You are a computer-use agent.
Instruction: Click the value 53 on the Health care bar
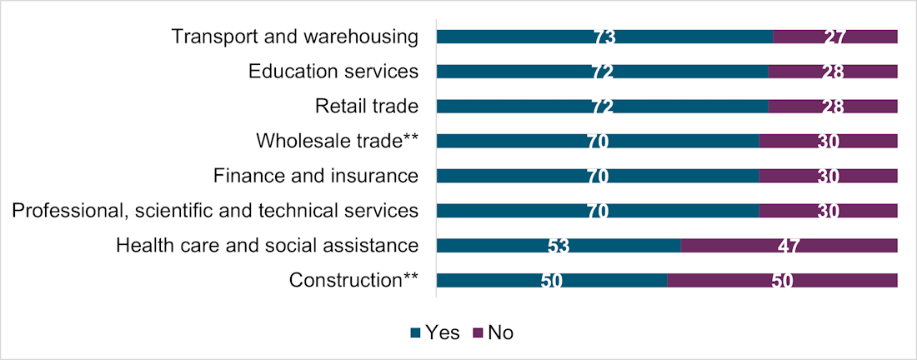[559, 246]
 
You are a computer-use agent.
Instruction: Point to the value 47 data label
[789, 246]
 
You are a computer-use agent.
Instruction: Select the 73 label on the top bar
[604, 37]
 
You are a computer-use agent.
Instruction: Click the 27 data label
[834, 37]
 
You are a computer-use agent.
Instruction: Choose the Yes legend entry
[435, 333]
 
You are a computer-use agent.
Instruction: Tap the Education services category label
[333, 72]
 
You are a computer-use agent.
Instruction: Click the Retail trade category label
[366, 107]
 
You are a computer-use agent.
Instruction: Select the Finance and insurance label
[315, 176]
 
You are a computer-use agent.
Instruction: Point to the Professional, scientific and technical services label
[215, 211]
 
